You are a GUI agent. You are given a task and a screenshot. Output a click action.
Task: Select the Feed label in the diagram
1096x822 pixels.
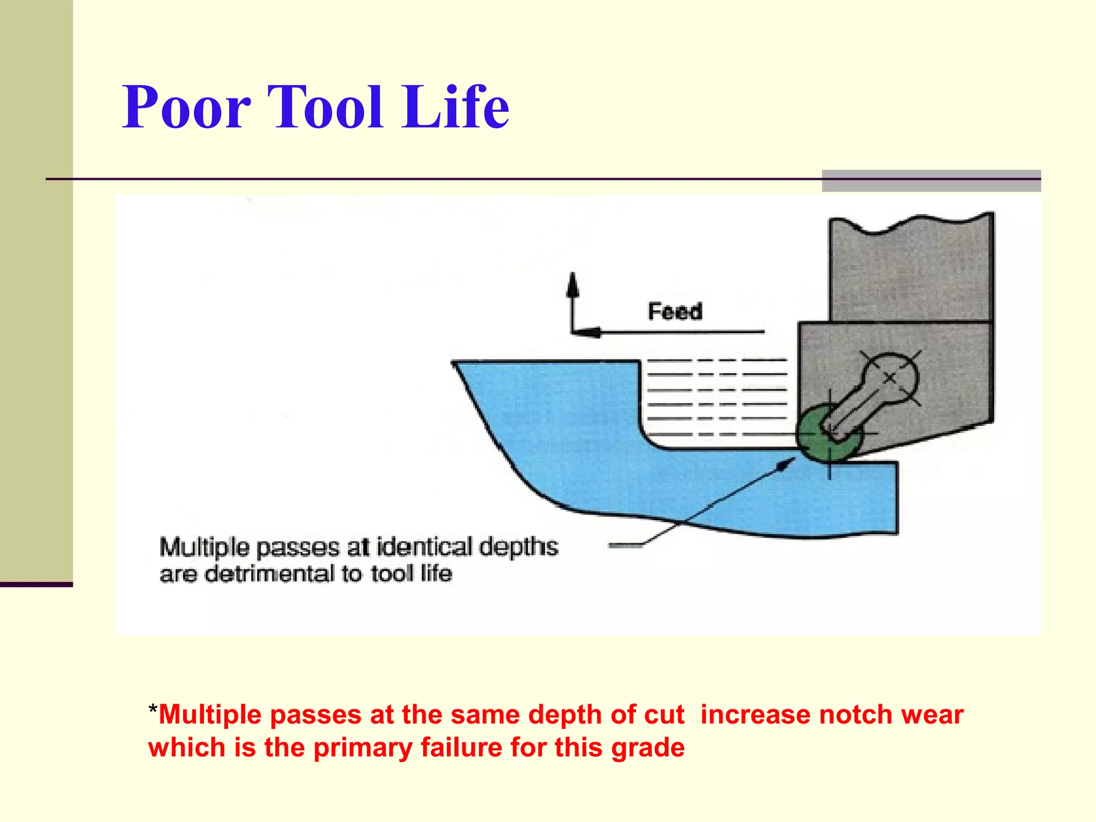(675, 311)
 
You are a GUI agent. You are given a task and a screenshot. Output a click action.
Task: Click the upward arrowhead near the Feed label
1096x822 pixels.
(573, 284)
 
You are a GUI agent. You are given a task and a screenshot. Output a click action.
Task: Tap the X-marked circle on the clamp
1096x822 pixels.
(889, 378)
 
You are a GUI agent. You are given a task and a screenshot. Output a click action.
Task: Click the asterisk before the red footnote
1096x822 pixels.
(153, 710)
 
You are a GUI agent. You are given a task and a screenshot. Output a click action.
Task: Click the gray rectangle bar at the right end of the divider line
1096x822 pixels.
(931, 181)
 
